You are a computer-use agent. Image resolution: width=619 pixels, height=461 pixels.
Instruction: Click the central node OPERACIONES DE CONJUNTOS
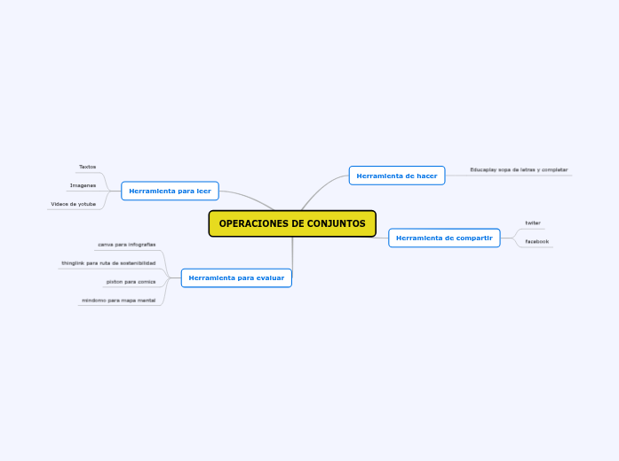292,223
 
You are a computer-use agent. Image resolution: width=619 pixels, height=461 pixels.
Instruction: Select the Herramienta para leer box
170,191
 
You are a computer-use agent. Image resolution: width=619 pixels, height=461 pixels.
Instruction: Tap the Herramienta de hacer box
396,176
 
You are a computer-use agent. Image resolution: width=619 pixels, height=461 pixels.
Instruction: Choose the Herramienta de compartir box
444,238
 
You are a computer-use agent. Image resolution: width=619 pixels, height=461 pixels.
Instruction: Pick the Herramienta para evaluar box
236,278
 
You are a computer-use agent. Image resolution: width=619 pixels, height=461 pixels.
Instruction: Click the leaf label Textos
87,167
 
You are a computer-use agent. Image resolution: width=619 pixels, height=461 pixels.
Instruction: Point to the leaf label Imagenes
83,185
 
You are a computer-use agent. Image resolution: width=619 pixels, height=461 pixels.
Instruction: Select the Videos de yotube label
74,204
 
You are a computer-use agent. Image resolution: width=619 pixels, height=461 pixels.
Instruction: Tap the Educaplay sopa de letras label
519,169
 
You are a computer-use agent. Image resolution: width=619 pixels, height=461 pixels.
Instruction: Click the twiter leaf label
533,223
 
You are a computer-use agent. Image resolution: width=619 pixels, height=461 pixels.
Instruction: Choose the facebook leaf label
536,241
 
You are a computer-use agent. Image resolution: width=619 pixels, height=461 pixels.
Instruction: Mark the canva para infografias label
127,244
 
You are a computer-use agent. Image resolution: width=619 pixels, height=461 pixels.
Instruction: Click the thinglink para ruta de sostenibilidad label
108,263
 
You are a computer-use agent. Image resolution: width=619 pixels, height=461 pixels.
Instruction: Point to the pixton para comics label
131,282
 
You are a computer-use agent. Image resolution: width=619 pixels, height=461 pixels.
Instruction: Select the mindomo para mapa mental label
118,301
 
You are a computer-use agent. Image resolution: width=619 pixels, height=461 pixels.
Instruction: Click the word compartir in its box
474,238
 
